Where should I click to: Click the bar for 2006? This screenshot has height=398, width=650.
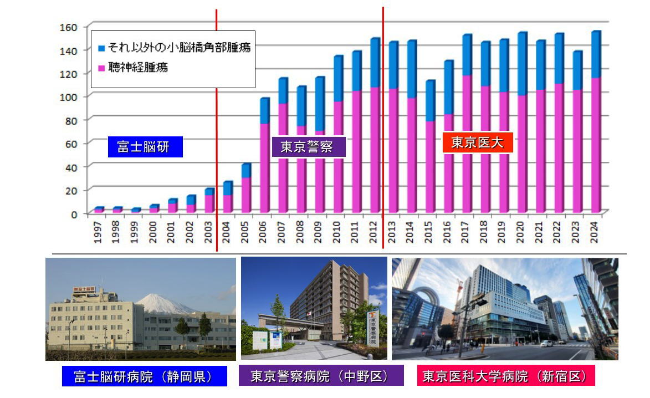coord(265,155)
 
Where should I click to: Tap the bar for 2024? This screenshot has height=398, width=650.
coord(596,122)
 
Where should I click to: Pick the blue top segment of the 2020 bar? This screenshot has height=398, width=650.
coord(522,64)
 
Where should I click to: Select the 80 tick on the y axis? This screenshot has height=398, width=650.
coord(72,120)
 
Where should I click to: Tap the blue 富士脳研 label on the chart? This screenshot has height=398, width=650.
coord(145,147)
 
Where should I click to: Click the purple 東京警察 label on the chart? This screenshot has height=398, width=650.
coord(309,147)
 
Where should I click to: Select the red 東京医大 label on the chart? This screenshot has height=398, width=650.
coord(477,142)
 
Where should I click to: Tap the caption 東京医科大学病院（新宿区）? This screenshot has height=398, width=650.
coord(505,377)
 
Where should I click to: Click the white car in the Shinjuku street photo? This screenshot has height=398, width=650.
coord(546,344)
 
